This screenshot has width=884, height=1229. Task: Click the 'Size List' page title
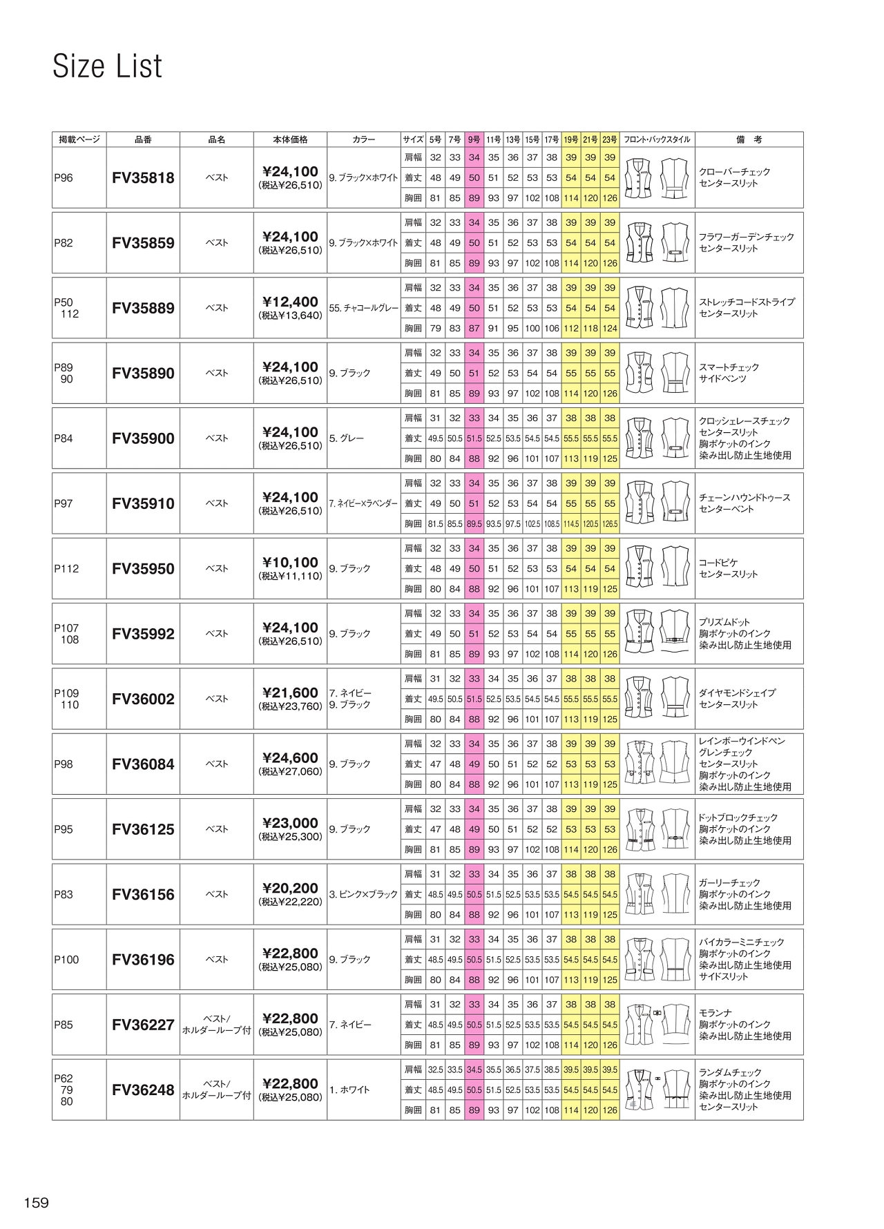[x=107, y=66]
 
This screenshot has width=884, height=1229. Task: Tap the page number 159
[x=37, y=1203]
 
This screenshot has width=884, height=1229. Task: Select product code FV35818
[x=143, y=178]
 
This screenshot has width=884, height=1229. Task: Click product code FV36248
[x=143, y=1090]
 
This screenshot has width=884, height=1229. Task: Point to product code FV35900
[x=143, y=438]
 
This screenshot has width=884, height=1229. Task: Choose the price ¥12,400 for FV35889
[x=291, y=302]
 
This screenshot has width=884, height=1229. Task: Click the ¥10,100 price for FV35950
[x=291, y=562]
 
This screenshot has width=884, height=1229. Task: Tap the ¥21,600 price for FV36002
[x=291, y=693]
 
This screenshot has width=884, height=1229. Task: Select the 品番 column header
[x=143, y=139]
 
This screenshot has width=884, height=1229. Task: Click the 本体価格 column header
[x=291, y=139]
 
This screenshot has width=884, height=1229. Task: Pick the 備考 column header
[x=749, y=139]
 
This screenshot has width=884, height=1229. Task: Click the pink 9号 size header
[x=474, y=139]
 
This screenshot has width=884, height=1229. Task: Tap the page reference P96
[x=64, y=178]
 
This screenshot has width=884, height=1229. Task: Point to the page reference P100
[x=66, y=960]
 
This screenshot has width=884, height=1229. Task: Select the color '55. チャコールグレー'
[x=364, y=309]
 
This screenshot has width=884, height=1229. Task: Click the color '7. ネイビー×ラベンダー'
[x=364, y=504]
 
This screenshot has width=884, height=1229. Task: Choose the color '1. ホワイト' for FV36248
[x=349, y=1090]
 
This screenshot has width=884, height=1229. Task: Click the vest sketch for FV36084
[x=657, y=764]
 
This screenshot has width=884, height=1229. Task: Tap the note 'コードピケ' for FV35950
[x=719, y=563]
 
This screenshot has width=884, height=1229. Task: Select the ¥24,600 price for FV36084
[x=291, y=757]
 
